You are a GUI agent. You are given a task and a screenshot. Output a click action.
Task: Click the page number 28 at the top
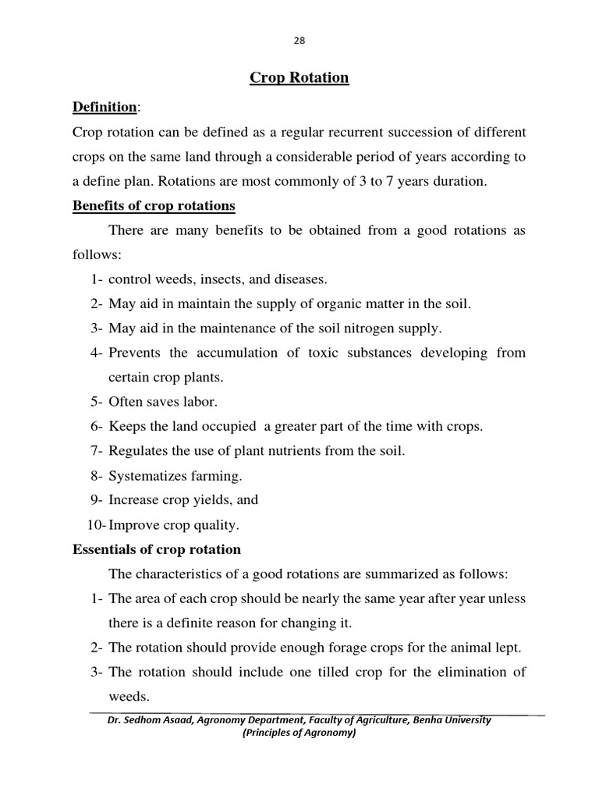pos(299,41)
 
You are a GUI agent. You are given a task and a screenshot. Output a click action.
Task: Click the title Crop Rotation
pos(299,77)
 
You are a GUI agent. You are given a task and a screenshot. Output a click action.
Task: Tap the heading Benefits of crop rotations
pos(154,206)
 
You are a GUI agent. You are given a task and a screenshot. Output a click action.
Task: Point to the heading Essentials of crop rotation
pos(157,549)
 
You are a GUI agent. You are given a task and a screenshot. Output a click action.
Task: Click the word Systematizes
pos(144,475)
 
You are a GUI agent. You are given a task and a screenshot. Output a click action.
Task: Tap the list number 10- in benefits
pos(95,524)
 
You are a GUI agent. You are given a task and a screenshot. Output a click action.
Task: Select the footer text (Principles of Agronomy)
pos(299,733)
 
